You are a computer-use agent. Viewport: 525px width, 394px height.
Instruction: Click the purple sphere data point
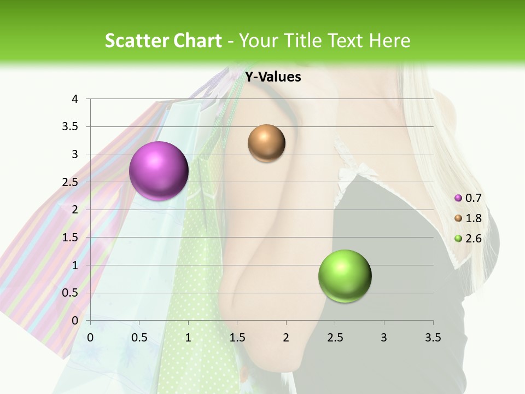[x=159, y=171]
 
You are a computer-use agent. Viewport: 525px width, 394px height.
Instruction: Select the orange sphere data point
[x=266, y=143]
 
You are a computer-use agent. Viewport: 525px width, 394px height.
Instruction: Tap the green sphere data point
[x=345, y=276]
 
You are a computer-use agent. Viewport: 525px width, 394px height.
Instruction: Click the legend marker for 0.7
[x=458, y=198]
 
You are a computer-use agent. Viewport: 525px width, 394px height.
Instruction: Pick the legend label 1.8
[x=473, y=218]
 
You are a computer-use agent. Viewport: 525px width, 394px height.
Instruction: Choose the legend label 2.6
[x=473, y=238]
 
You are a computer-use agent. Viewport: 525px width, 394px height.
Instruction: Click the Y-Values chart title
[x=273, y=77]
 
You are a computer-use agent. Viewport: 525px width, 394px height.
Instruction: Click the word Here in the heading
[x=389, y=40]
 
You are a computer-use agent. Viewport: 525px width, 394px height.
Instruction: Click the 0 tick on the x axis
[x=90, y=337]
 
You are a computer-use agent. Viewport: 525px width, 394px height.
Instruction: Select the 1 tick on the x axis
[x=188, y=337]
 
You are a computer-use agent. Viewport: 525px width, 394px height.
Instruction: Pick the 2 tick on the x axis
[x=286, y=337]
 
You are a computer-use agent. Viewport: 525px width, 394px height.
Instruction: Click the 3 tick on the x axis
[x=384, y=337]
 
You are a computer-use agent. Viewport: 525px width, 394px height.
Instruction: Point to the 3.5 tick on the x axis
[x=433, y=337]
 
